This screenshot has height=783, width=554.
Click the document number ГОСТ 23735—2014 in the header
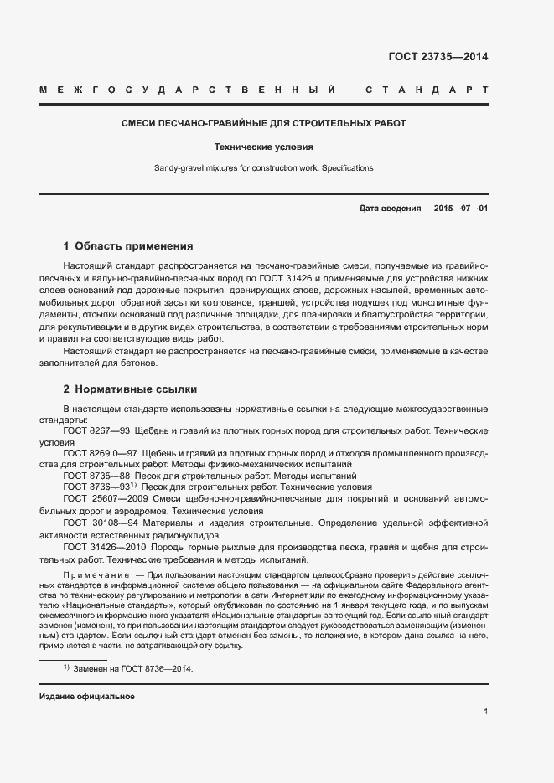[x=438, y=57]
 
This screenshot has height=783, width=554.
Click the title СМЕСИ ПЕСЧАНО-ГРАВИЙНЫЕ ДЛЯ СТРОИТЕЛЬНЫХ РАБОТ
[x=263, y=123]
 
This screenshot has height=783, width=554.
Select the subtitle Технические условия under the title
[x=263, y=146]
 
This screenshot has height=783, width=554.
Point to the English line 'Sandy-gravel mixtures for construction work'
[x=263, y=168]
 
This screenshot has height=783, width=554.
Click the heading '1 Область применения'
[x=128, y=246]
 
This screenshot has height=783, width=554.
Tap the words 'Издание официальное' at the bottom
[x=87, y=697]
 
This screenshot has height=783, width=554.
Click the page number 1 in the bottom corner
[x=486, y=712]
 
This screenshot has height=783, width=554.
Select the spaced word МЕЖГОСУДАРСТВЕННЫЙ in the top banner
[x=188, y=90]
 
